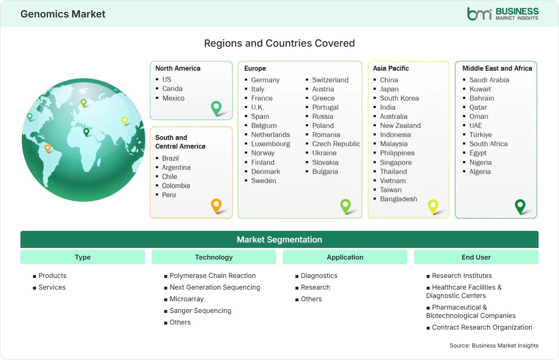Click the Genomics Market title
[x=63, y=14]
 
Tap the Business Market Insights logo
[x=503, y=14]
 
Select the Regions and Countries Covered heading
[x=279, y=43]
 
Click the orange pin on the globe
[x=47, y=149]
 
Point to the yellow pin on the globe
[x=125, y=121]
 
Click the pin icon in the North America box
[x=216, y=108]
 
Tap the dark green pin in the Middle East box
[x=520, y=207]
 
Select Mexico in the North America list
[x=173, y=98]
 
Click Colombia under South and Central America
[x=176, y=186]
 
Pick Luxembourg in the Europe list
[x=270, y=144]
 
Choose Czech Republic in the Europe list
[x=336, y=144]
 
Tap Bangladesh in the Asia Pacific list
[x=399, y=199]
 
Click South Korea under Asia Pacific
[x=399, y=98]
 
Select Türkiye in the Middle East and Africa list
[x=481, y=135]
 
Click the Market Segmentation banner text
[x=279, y=240]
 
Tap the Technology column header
[x=214, y=257]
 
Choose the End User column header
[x=476, y=257]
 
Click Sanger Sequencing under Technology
[x=200, y=310]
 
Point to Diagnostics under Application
[x=319, y=275]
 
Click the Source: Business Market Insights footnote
[x=494, y=345]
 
